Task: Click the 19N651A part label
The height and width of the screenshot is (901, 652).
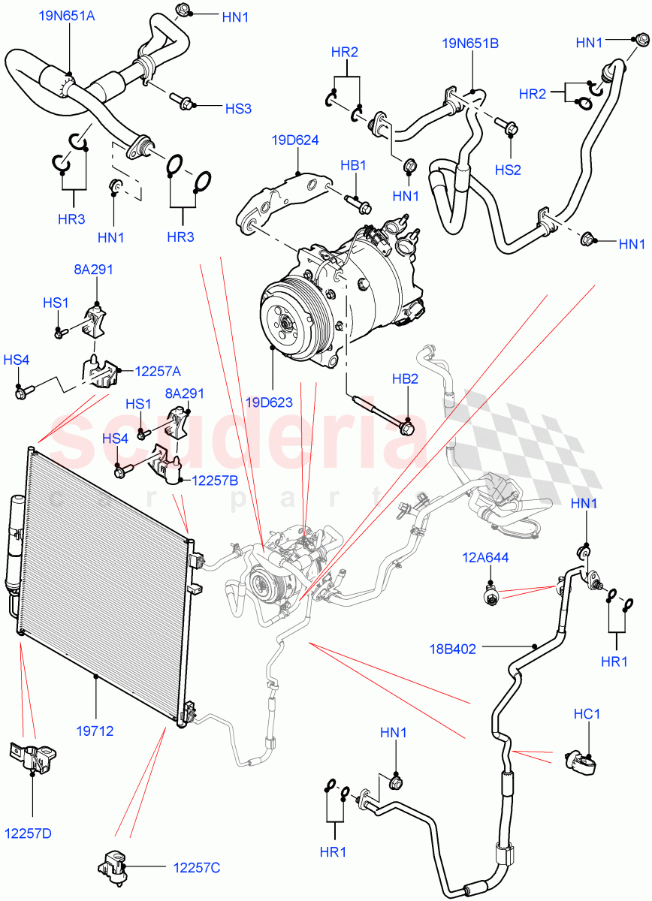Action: click(x=67, y=14)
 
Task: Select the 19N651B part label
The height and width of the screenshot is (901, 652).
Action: click(x=470, y=44)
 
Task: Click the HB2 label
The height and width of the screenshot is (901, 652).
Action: click(x=405, y=379)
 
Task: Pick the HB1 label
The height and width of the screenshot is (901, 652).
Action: click(x=353, y=165)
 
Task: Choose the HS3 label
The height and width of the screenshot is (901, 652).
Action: click(x=238, y=109)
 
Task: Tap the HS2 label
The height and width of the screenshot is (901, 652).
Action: click(x=508, y=170)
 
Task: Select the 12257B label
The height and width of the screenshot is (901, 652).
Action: click(x=214, y=479)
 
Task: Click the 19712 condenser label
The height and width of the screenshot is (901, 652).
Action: click(x=95, y=729)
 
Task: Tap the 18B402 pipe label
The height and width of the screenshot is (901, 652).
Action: click(x=474, y=649)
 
